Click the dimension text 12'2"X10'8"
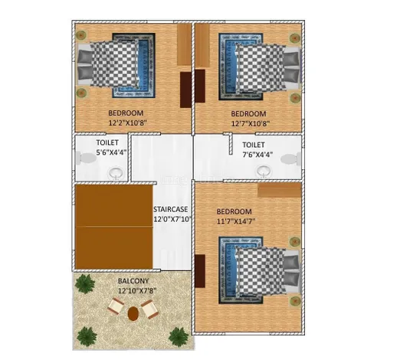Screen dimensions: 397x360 [x=127, y=123]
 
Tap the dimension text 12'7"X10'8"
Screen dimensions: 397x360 [x=251, y=123]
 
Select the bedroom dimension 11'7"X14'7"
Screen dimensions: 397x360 [x=236, y=221]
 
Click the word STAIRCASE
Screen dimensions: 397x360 [x=170, y=209]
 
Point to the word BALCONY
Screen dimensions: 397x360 [x=133, y=281]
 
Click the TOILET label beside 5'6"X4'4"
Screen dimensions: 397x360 [x=107, y=142]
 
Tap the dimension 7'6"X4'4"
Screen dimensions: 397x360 [x=258, y=155]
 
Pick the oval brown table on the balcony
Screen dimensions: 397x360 [x=133, y=313]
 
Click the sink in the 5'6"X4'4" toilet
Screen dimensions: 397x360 [x=116, y=173]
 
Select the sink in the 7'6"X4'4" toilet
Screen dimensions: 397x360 [x=264, y=171]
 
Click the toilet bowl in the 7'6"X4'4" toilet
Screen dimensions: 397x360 [x=290, y=159]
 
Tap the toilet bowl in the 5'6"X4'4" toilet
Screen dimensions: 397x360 [x=86, y=158]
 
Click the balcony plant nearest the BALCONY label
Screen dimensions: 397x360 [x=85, y=283]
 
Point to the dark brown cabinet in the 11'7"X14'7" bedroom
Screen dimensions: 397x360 [x=200, y=271]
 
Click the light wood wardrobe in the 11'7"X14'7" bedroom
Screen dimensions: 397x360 [x=279, y=190]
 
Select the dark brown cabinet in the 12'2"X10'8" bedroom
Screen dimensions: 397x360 [x=185, y=90]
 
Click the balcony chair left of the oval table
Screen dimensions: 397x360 [x=116, y=306]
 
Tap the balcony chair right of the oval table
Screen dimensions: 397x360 [x=149, y=309]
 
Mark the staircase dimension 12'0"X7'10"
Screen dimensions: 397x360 [x=172, y=219]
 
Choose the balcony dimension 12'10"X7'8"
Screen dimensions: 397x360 [x=137, y=290]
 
